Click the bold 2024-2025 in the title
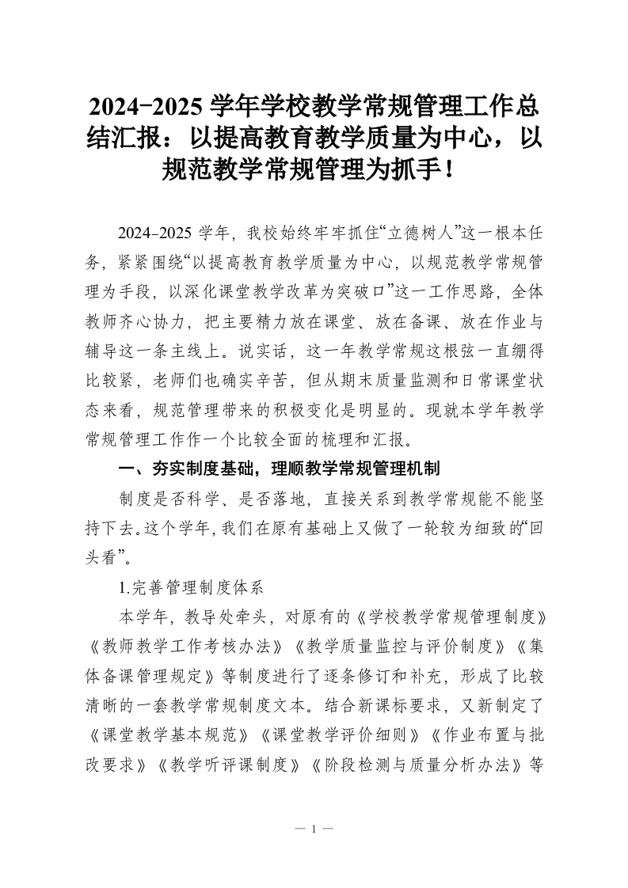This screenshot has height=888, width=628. coord(146,105)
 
